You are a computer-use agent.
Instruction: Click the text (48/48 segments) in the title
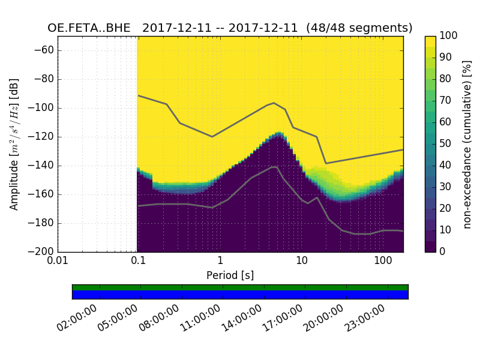[x=359, y=28]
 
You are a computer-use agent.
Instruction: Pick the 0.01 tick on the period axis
[x=58, y=262]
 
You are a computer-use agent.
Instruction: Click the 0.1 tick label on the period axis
[x=138, y=262]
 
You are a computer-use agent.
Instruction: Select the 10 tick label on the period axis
[x=302, y=262]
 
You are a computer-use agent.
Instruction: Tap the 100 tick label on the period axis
[x=383, y=262]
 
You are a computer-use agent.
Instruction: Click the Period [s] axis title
[x=230, y=275]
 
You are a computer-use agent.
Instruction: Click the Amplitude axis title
[x=14, y=144]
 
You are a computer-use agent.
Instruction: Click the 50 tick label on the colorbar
[x=446, y=144]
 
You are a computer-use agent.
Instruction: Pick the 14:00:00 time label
[x=242, y=318]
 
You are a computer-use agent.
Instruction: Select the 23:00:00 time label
[x=366, y=318]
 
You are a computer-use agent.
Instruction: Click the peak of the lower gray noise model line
[x=274, y=167]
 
